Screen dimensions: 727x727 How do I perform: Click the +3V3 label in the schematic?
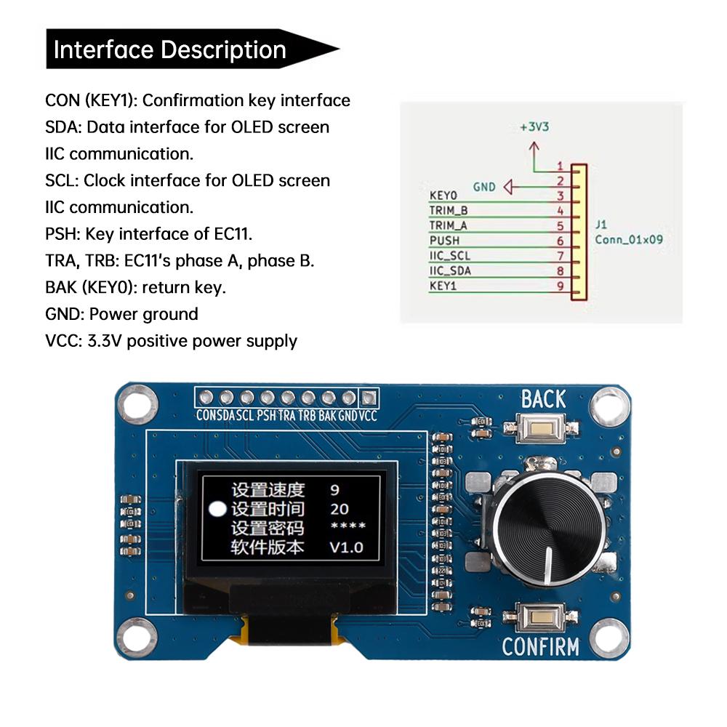pos(534,126)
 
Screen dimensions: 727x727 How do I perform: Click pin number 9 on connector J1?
pos(560,286)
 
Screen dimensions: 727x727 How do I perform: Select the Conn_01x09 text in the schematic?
pos(629,239)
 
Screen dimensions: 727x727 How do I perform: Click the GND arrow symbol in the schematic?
pos(507,188)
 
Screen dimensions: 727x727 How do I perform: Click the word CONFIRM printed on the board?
pos(540,646)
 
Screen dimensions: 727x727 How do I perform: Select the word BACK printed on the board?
pos(543,399)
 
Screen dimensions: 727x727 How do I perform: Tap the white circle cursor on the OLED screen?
pos(217,509)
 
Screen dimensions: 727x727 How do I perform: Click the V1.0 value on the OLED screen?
pos(346,547)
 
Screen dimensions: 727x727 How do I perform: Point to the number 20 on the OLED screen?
pos(339,509)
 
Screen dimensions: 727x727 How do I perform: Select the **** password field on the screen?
pos(348,528)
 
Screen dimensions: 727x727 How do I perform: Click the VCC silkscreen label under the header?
pos(369,416)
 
